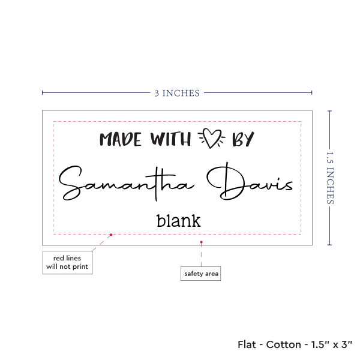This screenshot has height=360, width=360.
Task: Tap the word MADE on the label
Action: [x=121, y=139]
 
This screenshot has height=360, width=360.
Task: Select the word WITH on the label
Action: [x=170, y=139]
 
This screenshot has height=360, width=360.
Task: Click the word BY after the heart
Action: [x=243, y=139]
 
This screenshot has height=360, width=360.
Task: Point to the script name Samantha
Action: [x=127, y=183]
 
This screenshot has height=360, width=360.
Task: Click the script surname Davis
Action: [x=250, y=181]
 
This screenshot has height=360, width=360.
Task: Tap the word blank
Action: [x=179, y=221]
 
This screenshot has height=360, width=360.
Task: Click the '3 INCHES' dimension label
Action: [x=177, y=93]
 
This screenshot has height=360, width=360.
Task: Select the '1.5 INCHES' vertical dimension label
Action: [x=330, y=178]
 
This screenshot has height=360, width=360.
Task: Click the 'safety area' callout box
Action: [x=200, y=274]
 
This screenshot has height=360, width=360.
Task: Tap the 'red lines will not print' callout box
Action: [x=67, y=262]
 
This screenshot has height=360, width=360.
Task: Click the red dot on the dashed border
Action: [x=111, y=235]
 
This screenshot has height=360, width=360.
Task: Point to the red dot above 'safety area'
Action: [x=201, y=242]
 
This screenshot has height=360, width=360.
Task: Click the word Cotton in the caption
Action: [x=284, y=344]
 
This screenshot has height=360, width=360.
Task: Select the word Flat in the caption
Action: [x=247, y=344]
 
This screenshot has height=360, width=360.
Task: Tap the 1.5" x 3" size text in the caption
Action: [x=332, y=344]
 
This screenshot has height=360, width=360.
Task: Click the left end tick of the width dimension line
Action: [x=43, y=93]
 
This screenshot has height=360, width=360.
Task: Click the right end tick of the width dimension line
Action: [x=312, y=93]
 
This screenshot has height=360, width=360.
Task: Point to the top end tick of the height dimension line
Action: [x=329, y=111]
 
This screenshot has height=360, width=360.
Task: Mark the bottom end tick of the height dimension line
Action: [x=329, y=245]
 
